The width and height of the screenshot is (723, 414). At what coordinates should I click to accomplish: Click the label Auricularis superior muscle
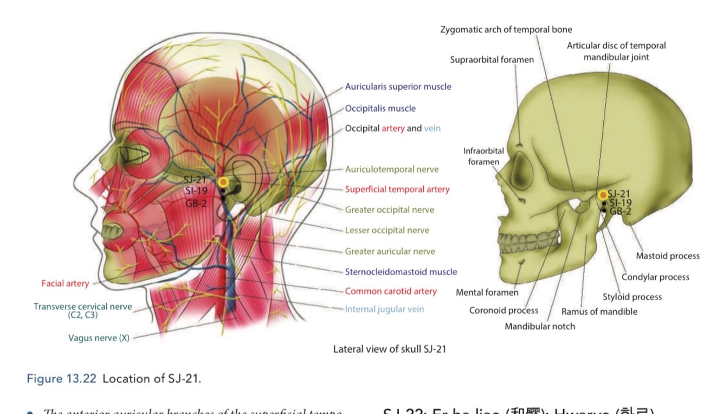coord(398,87)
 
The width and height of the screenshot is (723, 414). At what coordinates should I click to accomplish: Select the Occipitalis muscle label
coord(380,109)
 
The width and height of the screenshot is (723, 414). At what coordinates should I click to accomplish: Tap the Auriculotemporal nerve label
coord(392,169)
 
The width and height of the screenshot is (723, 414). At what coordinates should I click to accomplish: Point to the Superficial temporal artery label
coord(397,189)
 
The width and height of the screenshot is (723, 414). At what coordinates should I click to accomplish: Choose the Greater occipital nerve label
coord(389,210)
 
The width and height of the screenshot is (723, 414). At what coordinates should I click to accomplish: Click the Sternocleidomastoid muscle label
coord(401,272)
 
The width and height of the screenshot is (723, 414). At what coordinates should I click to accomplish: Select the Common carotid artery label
coord(390,291)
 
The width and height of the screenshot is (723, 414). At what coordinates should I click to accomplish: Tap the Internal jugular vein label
coord(384,309)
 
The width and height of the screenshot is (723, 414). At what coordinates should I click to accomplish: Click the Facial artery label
coord(65,283)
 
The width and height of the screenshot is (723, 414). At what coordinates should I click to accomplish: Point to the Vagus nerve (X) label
coord(99,338)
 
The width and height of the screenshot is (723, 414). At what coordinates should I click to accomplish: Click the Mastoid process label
coord(668,256)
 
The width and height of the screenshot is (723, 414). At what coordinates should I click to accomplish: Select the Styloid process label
coord(632,297)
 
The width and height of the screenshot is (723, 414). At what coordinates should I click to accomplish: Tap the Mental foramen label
coord(487,292)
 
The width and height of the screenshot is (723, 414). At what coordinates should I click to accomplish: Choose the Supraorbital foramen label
coord(492,60)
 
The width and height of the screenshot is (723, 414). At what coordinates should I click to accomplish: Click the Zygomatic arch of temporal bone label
coord(506,29)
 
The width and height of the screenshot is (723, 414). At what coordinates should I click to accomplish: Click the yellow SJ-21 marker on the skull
coord(603,194)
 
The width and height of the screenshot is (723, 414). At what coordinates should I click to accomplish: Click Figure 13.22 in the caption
coord(61,379)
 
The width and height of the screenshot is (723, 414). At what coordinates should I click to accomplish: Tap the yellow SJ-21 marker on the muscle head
coord(223,182)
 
